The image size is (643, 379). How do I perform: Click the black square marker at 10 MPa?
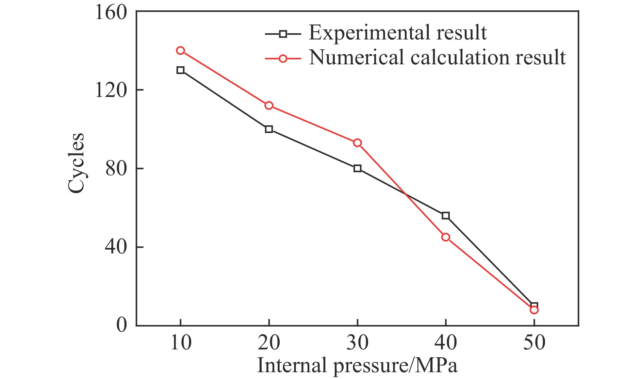[180, 70]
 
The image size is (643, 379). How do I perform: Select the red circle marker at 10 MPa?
[180, 51]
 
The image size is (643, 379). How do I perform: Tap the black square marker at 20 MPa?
[269, 129]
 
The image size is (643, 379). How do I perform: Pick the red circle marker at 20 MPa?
[269, 105]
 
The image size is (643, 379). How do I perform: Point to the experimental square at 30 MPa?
[357, 168]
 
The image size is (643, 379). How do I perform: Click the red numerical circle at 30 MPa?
[357, 143]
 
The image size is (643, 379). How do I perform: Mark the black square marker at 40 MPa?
[446, 216]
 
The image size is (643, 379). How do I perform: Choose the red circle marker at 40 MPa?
[446, 237]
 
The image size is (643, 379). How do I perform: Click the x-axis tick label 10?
[181, 343]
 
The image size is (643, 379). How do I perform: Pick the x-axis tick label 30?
[357, 343]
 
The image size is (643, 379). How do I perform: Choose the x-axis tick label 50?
[534, 343]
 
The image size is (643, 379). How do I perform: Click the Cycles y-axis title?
[76, 163]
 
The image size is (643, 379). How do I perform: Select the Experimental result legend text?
[397, 33]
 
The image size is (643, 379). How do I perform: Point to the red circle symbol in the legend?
[283, 59]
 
